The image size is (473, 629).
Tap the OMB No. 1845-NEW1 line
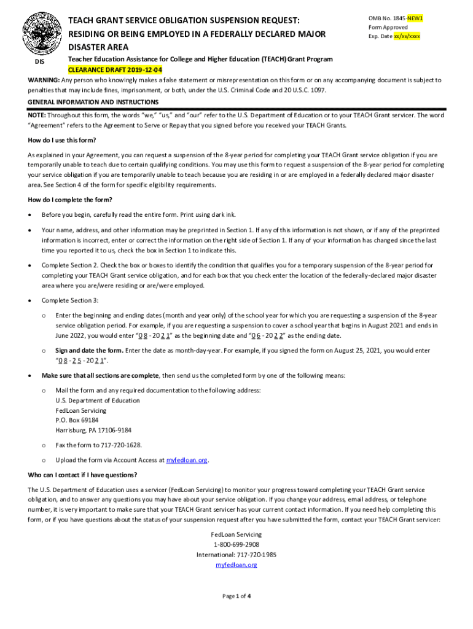click(396, 18)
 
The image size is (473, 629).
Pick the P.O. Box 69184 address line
click(77, 420)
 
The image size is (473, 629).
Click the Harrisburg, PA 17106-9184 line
click(93, 430)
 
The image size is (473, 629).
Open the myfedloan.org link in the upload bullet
click(187, 459)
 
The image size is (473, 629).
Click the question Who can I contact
click(83, 475)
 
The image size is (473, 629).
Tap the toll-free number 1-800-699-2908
click(237, 544)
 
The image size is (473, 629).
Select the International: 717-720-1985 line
click(237, 555)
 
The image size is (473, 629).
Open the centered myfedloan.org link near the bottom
click(237, 565)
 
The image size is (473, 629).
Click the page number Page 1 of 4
click(237, 596)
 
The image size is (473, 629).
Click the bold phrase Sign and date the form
click(89, 351)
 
